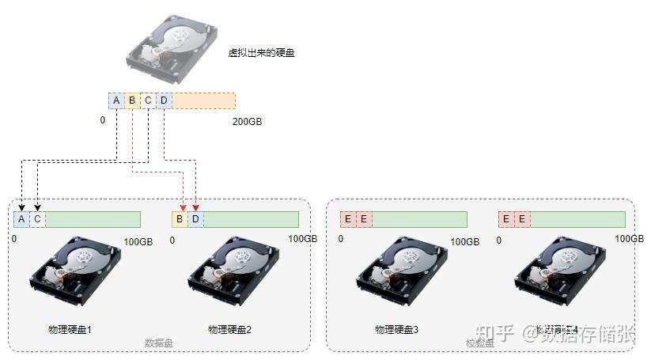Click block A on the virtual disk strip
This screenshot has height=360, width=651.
point(116,100)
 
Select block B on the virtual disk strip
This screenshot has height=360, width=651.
point(132,100)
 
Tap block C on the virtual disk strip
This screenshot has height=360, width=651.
point(148,100)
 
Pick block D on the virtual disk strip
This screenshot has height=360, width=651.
point(164,100)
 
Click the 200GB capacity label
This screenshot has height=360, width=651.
point(247,122)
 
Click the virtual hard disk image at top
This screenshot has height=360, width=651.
point(172,46)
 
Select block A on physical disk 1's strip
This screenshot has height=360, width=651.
point(21,219)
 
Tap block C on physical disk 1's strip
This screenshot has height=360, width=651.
point(37,219)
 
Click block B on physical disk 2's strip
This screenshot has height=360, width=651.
point(180,219)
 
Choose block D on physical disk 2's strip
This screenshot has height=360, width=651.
point(196,219)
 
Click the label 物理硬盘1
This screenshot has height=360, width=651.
point(70,328)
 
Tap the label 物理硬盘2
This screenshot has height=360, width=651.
point(229,328)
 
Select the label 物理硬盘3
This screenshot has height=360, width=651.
point(396,328)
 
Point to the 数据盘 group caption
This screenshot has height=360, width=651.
point(159,343)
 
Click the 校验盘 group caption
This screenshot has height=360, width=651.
point(480,343)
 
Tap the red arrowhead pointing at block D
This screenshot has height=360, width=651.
point(195,208)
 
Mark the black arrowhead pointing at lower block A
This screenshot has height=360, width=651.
point(21,208)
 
